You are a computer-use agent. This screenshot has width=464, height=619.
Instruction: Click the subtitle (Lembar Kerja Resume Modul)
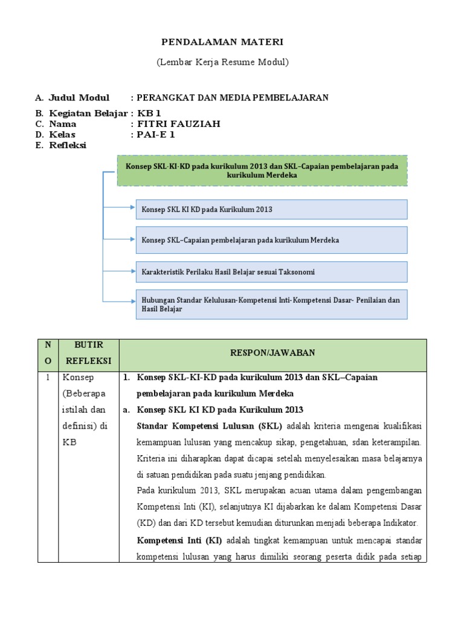tap(222, 62)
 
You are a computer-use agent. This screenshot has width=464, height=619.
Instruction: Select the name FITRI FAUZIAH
tap(179, 124)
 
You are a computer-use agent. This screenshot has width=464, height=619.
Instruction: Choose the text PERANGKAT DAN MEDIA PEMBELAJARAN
tap(233, 97)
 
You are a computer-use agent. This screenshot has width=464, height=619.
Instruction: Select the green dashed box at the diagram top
tap(262, 170)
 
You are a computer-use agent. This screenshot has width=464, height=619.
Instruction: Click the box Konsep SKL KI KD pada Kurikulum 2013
tap(271, 209)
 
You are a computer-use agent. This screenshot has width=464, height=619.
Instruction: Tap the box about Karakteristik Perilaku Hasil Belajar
tap(271, 272)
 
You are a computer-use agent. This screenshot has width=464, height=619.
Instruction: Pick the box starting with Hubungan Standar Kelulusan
tap(271, 304)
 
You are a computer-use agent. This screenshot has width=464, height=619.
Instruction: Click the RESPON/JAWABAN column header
tap(272, 353)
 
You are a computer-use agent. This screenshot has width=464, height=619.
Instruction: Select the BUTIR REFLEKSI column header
tap(89, 353)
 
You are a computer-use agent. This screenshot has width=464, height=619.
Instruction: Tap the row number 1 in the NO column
tap(48, 377)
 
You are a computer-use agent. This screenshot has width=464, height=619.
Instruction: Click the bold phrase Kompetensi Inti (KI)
tap(179, 540)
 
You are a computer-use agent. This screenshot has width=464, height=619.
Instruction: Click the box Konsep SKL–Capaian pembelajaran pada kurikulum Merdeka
tap(271, 240)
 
